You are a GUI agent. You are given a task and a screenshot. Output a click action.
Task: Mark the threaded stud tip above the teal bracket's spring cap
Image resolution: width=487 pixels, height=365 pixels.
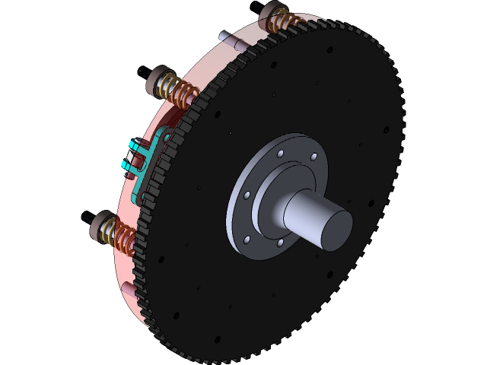(x=142, y=71)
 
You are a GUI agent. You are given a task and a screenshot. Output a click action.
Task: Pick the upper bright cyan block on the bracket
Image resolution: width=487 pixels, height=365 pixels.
(x=136, y=146)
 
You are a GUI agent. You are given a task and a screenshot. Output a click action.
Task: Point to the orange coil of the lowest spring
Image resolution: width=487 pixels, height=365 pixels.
(x=119, y=234)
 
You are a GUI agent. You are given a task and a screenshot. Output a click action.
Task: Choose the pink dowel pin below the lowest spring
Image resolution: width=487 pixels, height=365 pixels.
(x=127, y=290)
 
